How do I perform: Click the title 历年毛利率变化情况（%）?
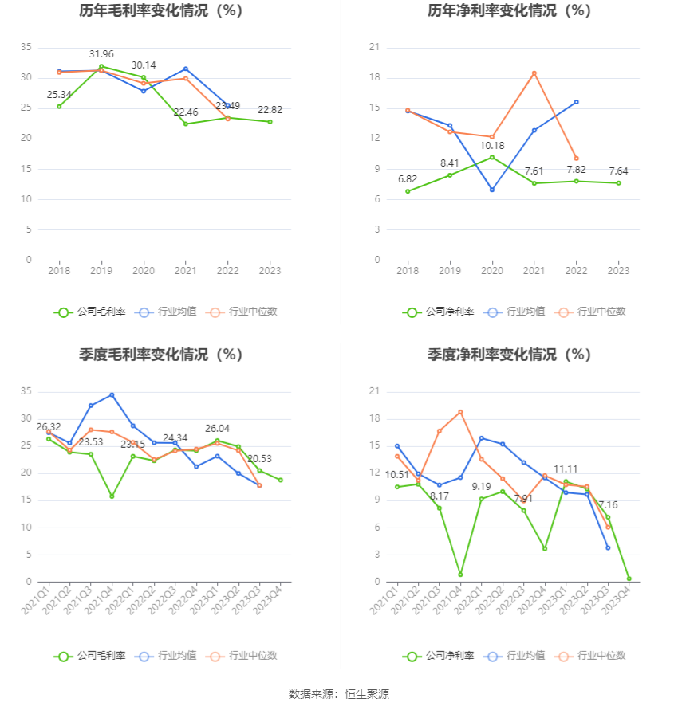coord(160,11)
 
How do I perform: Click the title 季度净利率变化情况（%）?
coord(509,355)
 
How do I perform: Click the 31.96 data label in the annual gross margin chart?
coord(101,54)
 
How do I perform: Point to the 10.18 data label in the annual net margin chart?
coord(491,145)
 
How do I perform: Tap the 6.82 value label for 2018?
coord(408,178)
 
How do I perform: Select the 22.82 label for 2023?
coord(270,109)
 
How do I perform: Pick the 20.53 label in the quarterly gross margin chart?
coord(259,458)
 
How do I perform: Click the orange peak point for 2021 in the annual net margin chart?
coord(534,73)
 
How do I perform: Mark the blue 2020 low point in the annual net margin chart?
coord(491,190)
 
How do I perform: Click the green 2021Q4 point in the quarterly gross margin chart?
coord(112,496)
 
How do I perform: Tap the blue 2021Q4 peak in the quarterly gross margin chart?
coord(112,394)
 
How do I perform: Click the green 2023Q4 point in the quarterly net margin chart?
coord(629,579)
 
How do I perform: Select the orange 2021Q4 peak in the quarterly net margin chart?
coord(460,412)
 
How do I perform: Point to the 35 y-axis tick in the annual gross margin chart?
coord(26,48)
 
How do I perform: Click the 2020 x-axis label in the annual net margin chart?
coord(491,271)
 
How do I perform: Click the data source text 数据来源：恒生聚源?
coord(338,694)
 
